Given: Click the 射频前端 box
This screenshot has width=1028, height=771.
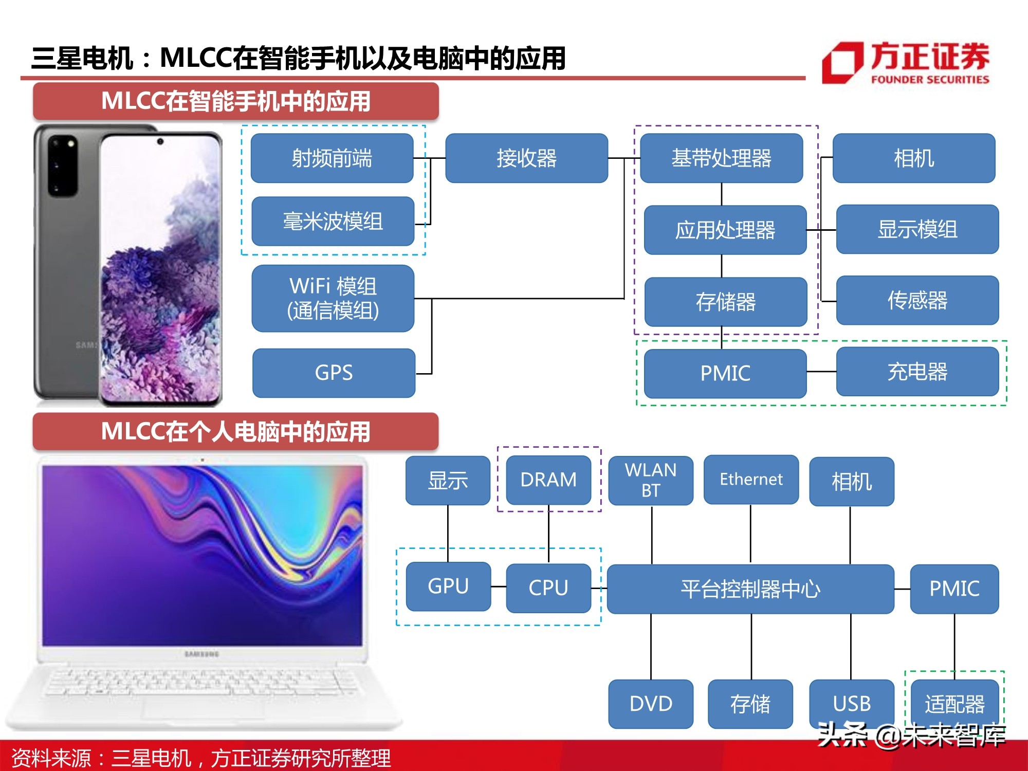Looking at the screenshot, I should tap(332, 158).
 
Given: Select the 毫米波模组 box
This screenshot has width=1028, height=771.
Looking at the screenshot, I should tap(333, 222).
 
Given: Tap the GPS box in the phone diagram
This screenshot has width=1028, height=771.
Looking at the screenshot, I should tap(334, 373).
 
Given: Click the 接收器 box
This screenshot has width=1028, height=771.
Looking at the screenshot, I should tap(526, 158).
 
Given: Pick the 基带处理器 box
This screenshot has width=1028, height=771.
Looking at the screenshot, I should tap(721, 158).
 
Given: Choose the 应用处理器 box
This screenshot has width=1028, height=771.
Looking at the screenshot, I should tap(725, 230).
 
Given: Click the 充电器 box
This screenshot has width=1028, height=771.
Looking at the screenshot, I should tap(917, 372).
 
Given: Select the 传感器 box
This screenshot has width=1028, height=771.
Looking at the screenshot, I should tap(917, 301).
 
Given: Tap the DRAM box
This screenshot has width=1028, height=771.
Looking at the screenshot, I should tap(548, 480).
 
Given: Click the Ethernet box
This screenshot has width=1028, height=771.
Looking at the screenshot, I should tap(751, 480).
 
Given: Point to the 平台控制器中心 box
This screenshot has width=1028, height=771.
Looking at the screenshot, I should tap(750, 589).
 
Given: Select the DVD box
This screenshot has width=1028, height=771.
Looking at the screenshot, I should tap(651, 704).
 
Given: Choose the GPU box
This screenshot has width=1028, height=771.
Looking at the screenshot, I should tap(448, 586).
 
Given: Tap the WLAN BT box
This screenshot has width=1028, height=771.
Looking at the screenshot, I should tap(651, 480).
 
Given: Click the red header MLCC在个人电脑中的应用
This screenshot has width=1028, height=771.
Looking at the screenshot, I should tap(236, 431).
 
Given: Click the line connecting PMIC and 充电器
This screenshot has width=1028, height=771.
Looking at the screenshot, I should tap(821, 372).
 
